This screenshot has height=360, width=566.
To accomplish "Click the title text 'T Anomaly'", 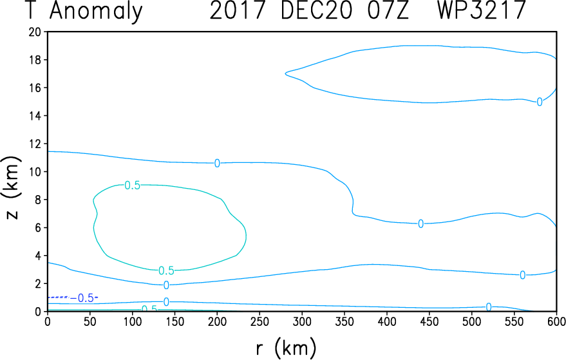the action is coord(85,11).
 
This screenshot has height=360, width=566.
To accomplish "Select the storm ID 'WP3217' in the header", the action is coord(481,10).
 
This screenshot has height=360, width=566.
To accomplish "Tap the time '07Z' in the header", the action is coord(388,10).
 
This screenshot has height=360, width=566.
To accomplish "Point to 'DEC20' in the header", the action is coord(316,10).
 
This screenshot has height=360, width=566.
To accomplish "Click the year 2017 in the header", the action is coord(238,10).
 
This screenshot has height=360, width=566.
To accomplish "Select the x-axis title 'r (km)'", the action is coord(286,348).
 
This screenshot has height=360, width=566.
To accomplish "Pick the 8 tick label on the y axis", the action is coord(37,200).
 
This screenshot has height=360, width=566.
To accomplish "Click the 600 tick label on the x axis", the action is coord(556,321).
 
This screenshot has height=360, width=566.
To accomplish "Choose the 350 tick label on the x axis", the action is coord(344,321).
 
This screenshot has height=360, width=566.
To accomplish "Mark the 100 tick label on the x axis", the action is coord(133,321).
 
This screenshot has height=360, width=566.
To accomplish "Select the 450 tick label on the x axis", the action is coord(429,321).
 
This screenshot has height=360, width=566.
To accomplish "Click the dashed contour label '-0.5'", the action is coord(82,298).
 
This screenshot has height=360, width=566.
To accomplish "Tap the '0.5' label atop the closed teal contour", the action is coord(132,185).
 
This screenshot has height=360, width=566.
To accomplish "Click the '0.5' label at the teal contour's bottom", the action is coord(166,270).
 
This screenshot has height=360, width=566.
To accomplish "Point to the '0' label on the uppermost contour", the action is coord(540,102).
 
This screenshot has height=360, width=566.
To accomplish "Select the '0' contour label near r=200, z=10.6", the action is coord(217,163).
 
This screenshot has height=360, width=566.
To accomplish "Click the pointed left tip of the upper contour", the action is coord(285,73).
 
